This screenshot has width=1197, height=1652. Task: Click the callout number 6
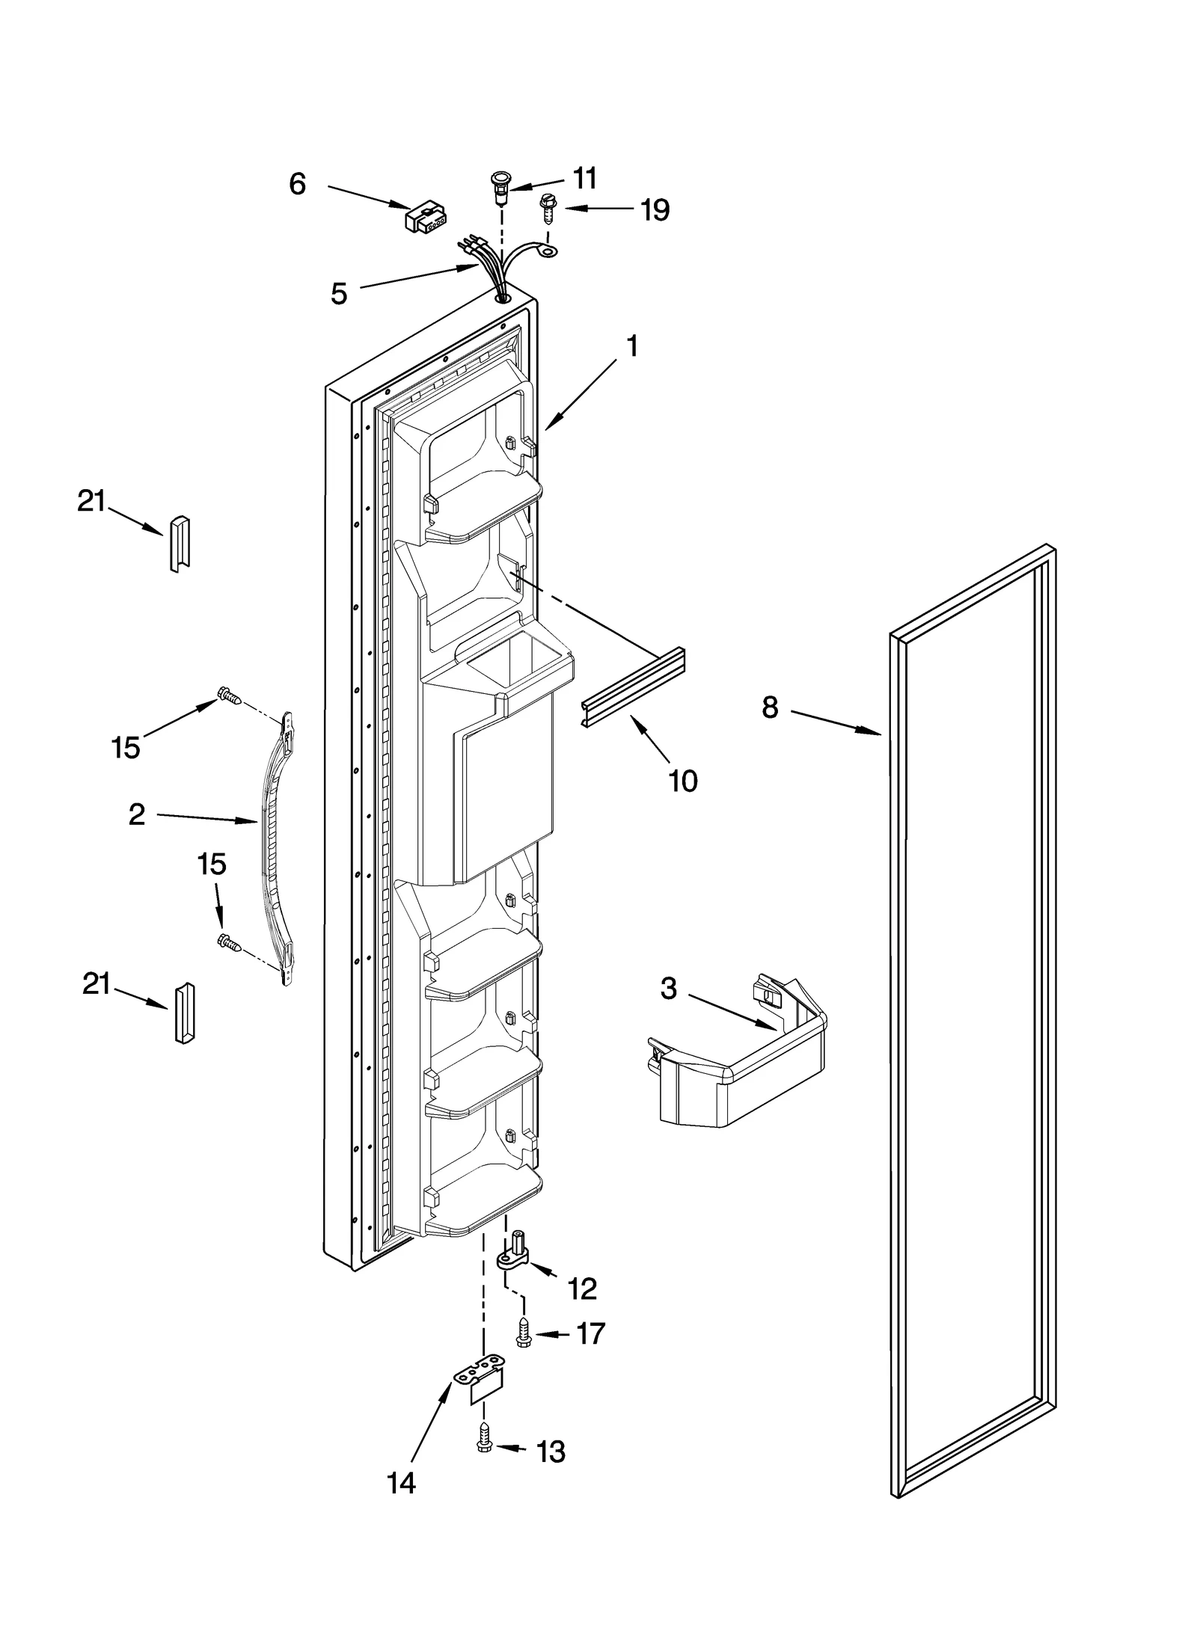[297, 184]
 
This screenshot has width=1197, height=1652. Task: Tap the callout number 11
[584, 179]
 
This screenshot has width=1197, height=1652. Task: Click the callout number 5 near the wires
[339, 294]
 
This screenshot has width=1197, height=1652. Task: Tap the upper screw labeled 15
[229, 696]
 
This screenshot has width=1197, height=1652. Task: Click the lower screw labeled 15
[229, 944]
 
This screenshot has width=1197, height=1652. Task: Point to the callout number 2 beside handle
[136, 814]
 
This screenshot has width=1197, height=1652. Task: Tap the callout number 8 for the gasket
[771, 707]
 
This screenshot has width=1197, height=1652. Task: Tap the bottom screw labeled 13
[484, 1445]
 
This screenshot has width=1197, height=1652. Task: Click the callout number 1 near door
[632, 347]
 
